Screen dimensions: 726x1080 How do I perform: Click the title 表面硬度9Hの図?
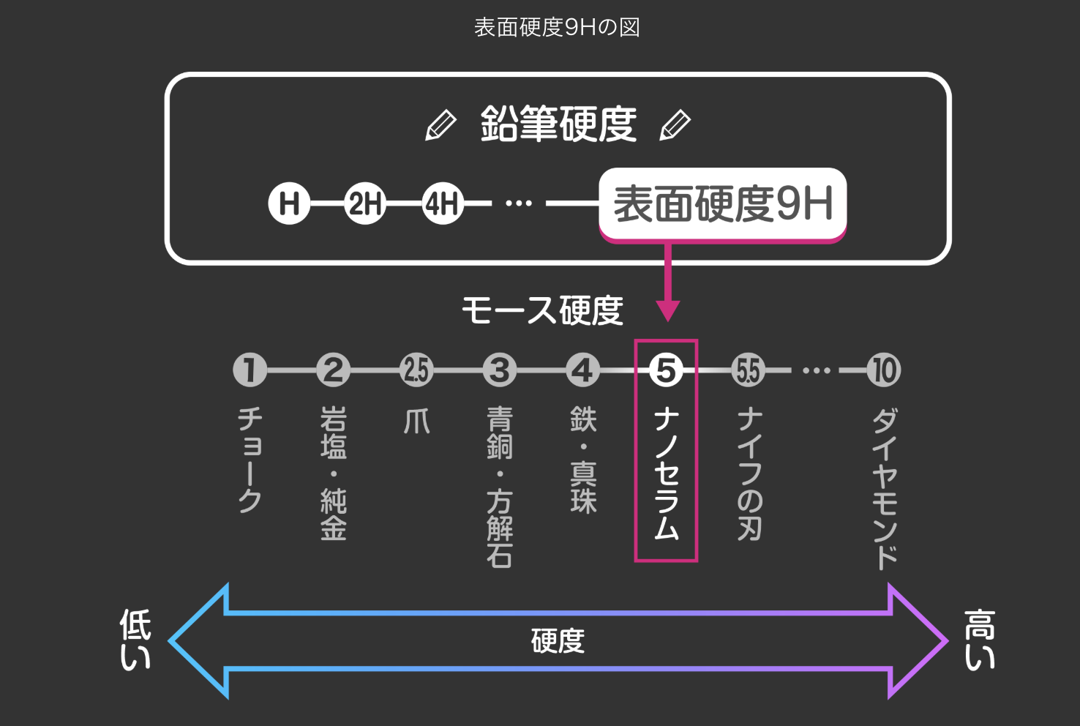(x=557, y=28)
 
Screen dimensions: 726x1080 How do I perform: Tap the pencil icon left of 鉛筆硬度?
(x=440, y=125)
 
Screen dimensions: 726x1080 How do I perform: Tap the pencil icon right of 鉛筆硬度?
(x=675, y=125)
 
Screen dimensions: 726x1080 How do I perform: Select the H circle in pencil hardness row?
(x=289, y=203)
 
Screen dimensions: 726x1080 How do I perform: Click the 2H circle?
(x=365, y=203)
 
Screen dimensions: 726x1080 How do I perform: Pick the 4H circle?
(x=442, y=203)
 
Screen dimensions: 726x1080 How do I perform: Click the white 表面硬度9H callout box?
(x=723, y=203)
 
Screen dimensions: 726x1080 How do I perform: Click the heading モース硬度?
(x=542, y=310)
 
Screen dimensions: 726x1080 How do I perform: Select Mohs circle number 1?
(x=250, y=370)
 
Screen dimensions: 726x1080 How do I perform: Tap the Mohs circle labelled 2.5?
(x=416, y=370)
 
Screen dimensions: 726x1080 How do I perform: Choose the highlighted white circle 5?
(x=666, y=370)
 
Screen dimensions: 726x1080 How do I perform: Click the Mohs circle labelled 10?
(x=884, y=370)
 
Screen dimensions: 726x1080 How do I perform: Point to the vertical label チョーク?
(x=250, y=460)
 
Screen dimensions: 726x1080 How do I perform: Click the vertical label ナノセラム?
(x=666, y=474)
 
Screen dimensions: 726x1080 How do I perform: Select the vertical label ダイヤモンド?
(x=885, y=488)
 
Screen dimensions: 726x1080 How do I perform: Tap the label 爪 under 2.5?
(x=417, y=422)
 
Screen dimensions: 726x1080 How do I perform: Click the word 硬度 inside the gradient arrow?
(x=558, y=641)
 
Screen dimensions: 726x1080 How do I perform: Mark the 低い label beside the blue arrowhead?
(x=135, y=640)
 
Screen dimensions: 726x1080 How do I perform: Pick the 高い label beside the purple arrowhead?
(x=979, y=640)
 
